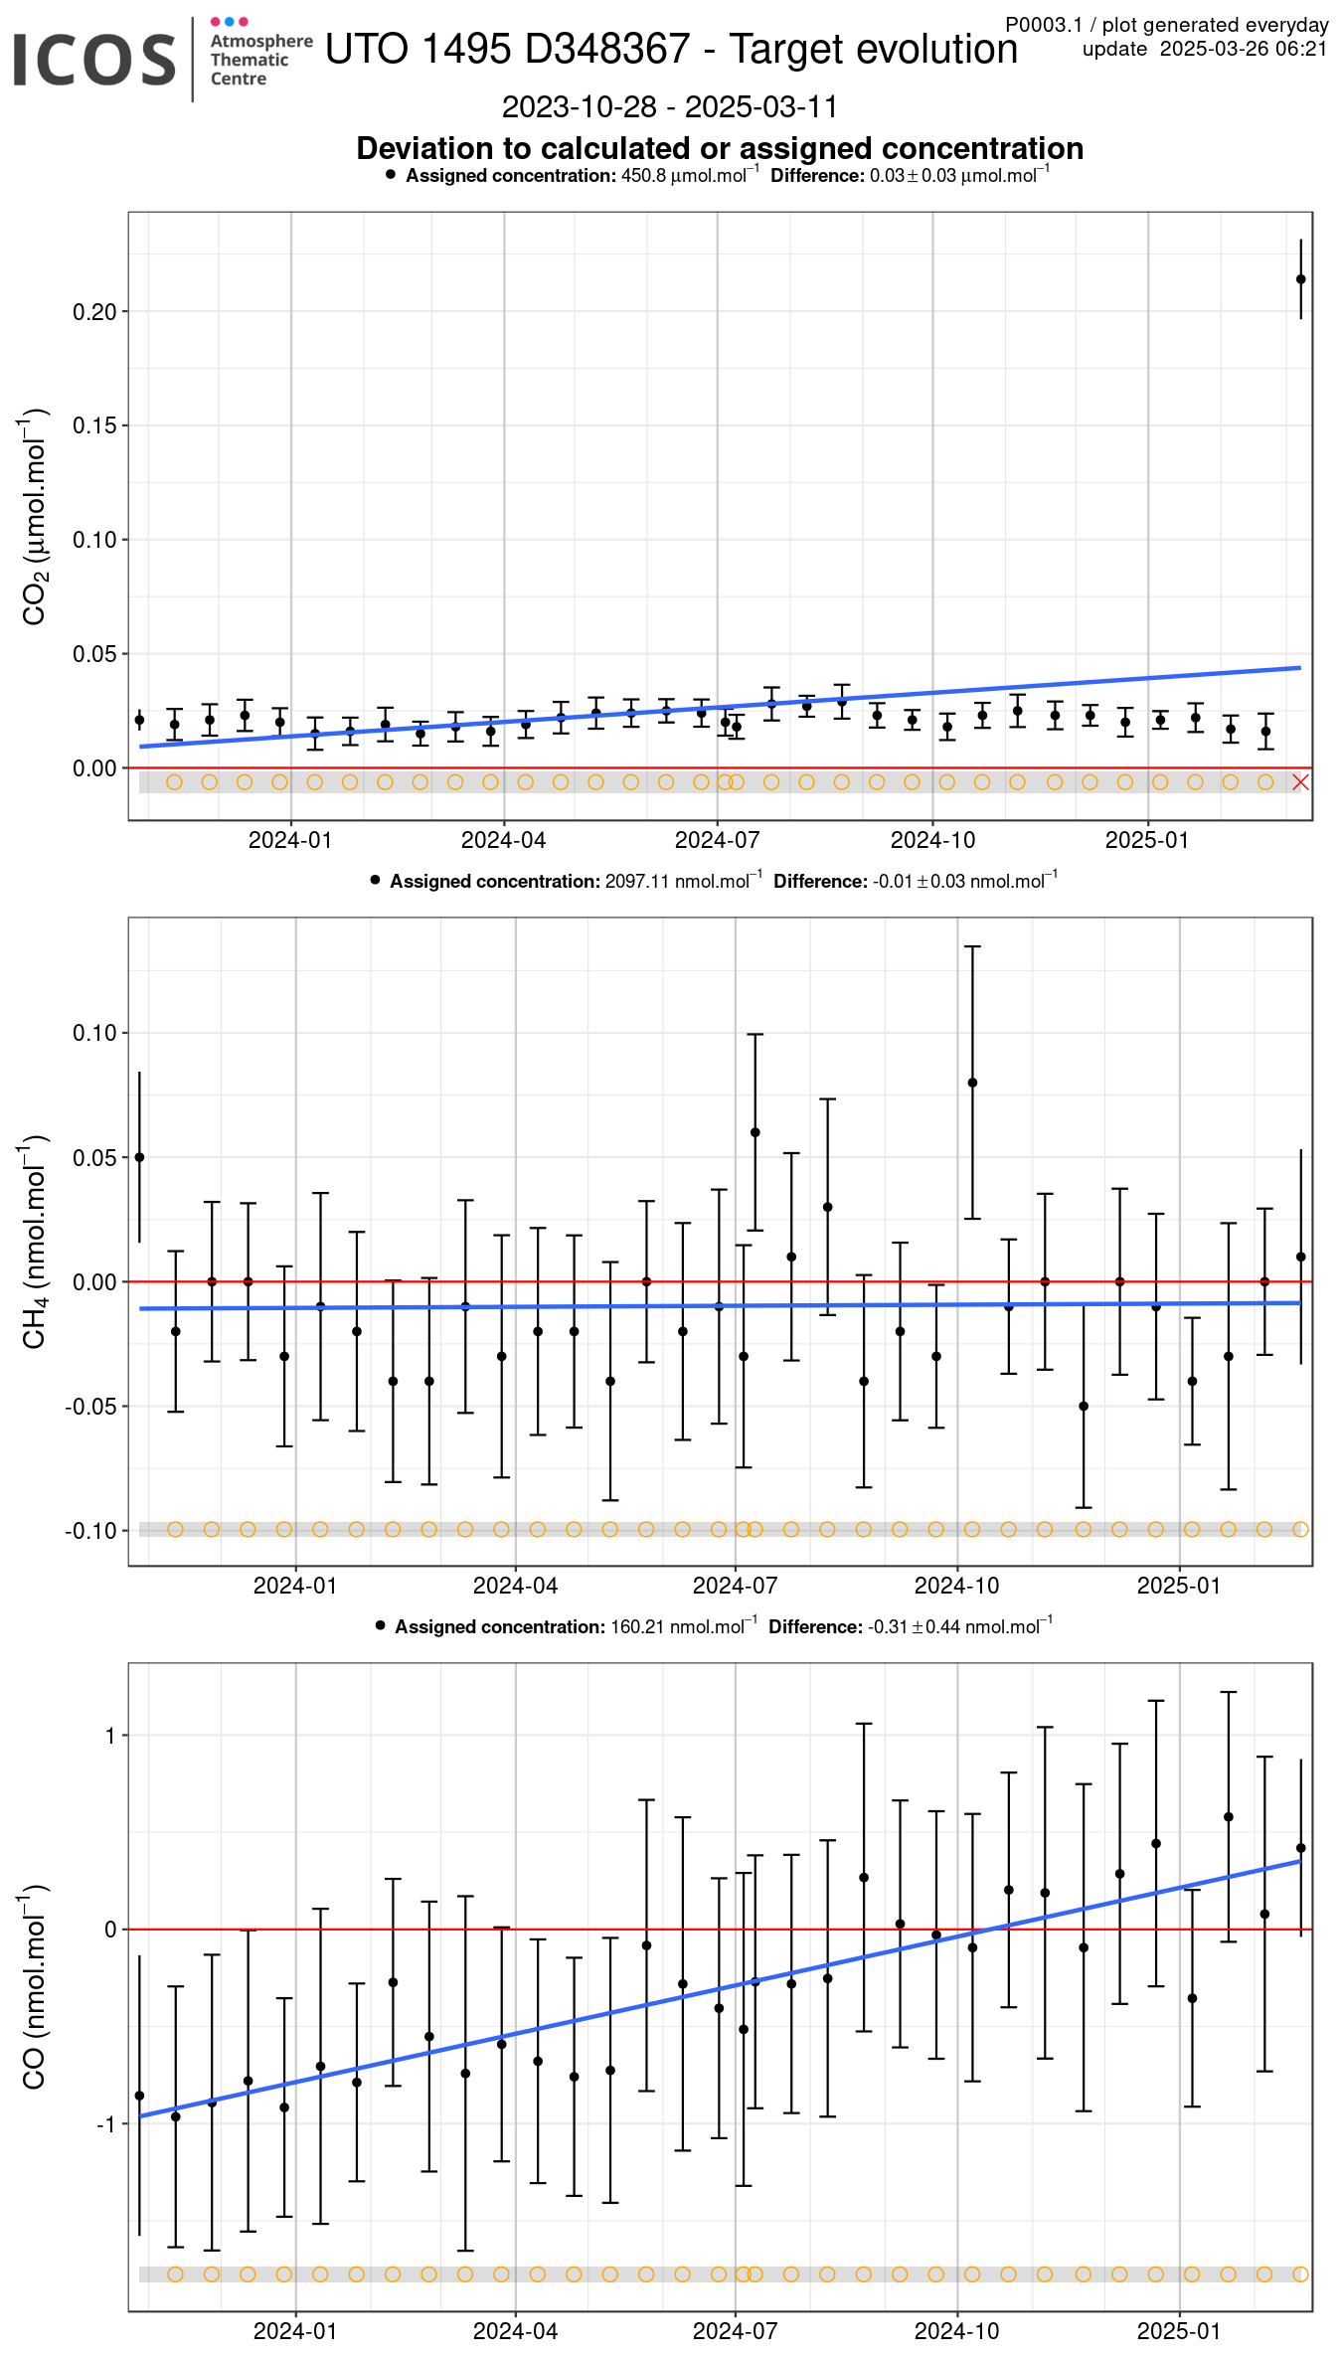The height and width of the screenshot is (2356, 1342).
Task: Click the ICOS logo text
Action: tap(94, 59)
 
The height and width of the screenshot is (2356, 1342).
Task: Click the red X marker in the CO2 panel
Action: tap(1300, 782)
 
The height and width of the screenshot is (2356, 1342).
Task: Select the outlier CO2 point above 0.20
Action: tap(1300, 279)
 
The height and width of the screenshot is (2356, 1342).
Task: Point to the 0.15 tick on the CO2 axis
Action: tap(94, 425)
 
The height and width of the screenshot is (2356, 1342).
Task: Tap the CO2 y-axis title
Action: tap(35, 517)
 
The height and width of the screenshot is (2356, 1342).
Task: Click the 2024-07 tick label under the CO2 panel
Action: tap(717, 840)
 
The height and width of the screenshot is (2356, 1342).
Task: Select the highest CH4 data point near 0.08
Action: tap(972, 1083)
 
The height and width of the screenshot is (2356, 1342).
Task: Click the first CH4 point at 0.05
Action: tap(139, 1157)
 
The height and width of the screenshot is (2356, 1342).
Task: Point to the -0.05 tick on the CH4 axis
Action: tap(90, 1407)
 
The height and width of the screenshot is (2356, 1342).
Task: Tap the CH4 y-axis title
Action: tap(35, 1242)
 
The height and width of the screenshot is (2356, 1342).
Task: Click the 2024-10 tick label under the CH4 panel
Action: tap(956, 1586)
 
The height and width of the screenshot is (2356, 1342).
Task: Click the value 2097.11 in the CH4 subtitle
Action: tap(637, 882)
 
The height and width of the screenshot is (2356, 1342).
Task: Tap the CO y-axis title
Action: tap(35, 1987)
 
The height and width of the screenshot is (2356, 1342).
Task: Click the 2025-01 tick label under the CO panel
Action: tap(1178, 2331)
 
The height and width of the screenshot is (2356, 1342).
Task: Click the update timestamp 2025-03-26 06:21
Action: tap(1243, 49)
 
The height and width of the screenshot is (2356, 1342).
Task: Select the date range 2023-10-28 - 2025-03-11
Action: tap(669, 106)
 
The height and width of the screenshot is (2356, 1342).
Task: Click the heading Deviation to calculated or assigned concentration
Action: tap(720, 148)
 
